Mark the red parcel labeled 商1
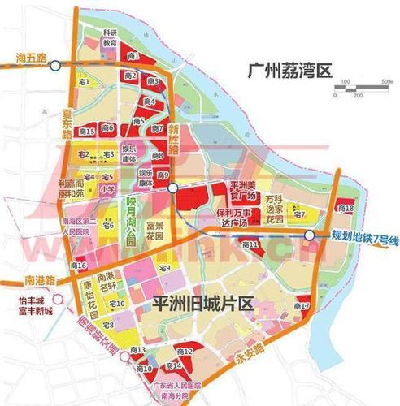tap(132, 56)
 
